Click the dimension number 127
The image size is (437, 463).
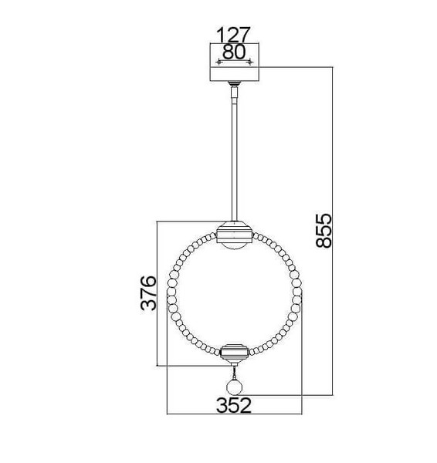(x=233, y=35)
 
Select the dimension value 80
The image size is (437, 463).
(x=233, y=52)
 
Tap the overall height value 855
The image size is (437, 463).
(x=324, y=231)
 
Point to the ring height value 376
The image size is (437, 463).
(x=148, y=293)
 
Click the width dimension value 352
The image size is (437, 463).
(x=234, y=405)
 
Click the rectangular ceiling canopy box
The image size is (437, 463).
(x=234, y=62)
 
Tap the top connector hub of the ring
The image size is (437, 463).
(x=234, y=232)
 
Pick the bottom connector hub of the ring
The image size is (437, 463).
(x=235, y=353)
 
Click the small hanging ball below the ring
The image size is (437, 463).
(x=234, y=387)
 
